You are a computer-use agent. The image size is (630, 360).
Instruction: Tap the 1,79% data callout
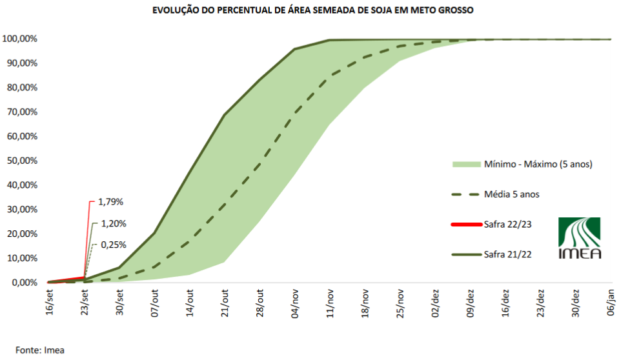[110, 202]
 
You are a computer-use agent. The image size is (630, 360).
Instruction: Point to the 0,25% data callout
[113, 245]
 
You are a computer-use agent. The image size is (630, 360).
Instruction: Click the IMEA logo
[580, 238]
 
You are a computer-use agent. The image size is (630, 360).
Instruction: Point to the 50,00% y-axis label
[22, 161]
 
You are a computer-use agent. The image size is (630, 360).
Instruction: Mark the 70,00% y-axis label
[22, 112]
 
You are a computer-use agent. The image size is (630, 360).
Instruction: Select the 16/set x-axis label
[50, 301]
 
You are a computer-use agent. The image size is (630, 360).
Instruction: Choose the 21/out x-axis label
[225, 302]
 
